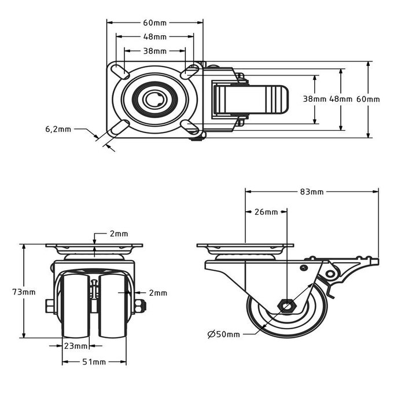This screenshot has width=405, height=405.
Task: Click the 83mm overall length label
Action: [x=312, y=192]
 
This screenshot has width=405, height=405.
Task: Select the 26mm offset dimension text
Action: [x=266, y=212]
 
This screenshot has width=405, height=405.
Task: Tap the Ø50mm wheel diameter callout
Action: [x=223, y=334]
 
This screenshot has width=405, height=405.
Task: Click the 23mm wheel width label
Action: [x=75, y=346]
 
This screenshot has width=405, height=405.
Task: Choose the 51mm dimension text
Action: [x=94, y=362]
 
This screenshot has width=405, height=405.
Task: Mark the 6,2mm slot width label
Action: [x=58, y=129]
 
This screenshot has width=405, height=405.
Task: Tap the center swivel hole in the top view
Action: [x=154, y=100]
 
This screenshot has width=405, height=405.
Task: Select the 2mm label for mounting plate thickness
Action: [x=119, y=234]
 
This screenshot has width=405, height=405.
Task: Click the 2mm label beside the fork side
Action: [x=157, y=293]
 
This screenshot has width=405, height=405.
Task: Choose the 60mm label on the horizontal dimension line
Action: [x=154, y=23]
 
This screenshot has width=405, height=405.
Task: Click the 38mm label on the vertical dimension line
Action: [x=314, y=99]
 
